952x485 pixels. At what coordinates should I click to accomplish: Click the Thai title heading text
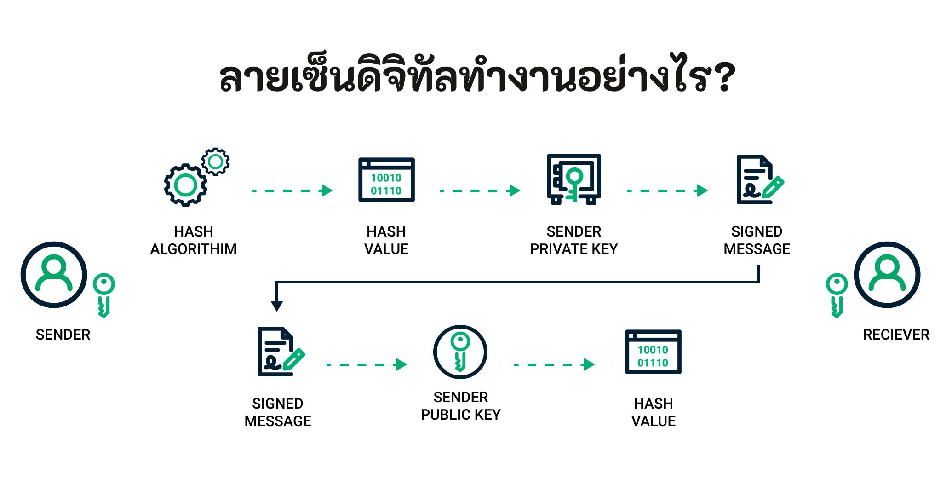coord(477,76)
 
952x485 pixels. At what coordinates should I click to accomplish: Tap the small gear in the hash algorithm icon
coord(215,162)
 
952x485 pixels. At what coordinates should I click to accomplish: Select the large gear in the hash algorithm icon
coord(186,185)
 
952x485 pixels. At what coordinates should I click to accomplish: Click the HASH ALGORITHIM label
coord(194,240)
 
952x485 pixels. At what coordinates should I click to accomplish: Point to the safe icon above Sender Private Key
coord(573,179)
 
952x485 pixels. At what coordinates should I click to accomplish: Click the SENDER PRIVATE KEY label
coord(573,240)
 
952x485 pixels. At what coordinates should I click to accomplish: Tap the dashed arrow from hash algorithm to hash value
coord(292,191)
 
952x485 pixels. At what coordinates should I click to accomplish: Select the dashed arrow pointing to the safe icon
coord(479,191)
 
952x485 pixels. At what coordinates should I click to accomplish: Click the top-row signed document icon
coord(759,179)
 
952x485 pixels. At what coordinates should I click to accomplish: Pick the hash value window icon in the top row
coord(386,179)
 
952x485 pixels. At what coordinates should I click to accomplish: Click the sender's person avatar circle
coord(54,275)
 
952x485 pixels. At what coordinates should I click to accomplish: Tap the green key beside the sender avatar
coord(104,295)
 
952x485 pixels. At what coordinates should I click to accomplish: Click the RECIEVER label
coord(896,335)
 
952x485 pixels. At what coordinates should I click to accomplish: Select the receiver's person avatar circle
coord(887,275)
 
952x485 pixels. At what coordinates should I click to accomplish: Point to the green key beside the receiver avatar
coord(837,295)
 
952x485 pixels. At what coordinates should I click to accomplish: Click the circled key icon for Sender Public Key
coord(460,352)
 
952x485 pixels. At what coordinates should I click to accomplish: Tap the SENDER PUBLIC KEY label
coord(460,406)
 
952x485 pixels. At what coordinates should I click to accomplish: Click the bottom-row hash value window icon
coord(653,352)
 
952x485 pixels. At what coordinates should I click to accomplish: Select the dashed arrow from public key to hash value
coord(554,364)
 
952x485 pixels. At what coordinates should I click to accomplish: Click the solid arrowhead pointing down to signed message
coord(276,306)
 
